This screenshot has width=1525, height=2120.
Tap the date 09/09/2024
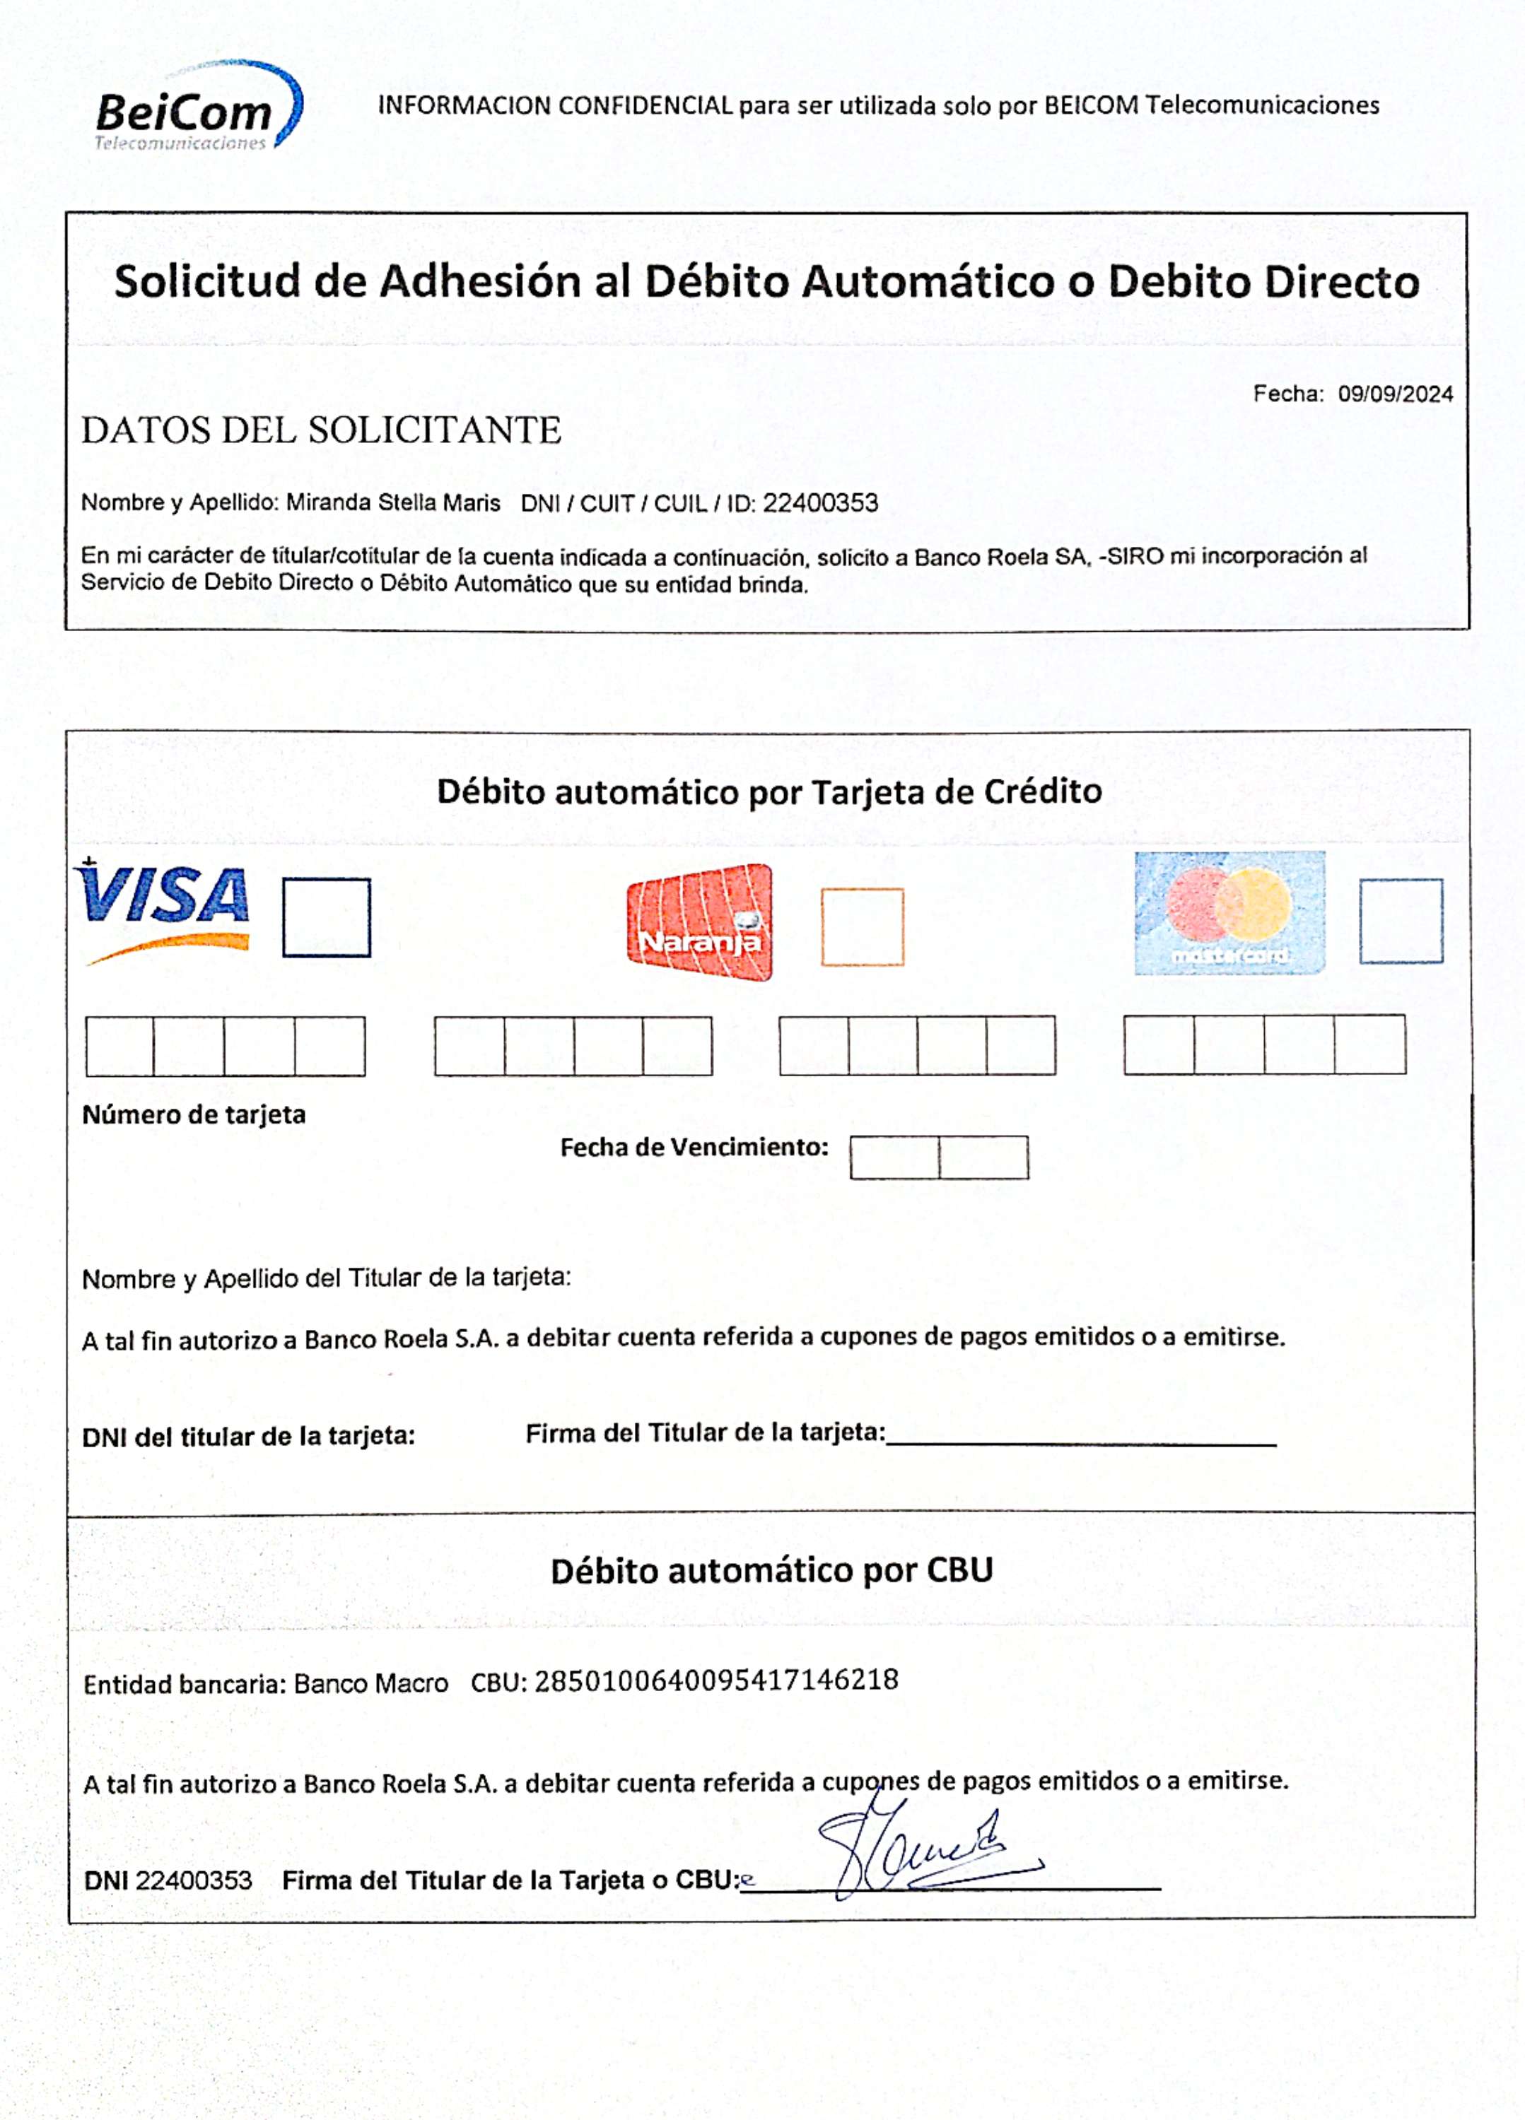(x=1394, y=394)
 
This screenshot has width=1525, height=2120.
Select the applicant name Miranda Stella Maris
(x=392, y=503)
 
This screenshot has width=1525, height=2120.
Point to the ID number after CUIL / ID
(x=820, y=504)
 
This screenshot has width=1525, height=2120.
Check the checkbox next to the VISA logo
(x=327, y=917)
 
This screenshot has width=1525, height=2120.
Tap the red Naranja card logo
(x=699, y=923)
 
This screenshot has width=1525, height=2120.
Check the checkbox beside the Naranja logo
(x=862, y=926)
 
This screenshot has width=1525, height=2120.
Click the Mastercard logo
(x=1229, y=913)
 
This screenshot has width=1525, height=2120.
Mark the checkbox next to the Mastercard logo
(x=1400, y=920)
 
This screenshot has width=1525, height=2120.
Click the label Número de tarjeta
(x=194, y=1114)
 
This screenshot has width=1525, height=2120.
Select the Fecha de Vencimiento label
(x=694, y=1147)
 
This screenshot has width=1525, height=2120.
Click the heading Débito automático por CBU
(x=771, y=1570)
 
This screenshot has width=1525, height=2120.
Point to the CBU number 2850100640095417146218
(x=716, y=1680)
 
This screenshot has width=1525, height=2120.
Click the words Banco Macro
(x=371, y=1683)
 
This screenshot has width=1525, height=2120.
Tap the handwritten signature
(x=921, y=1851)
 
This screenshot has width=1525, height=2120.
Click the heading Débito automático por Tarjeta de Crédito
(x=769, y=791)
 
